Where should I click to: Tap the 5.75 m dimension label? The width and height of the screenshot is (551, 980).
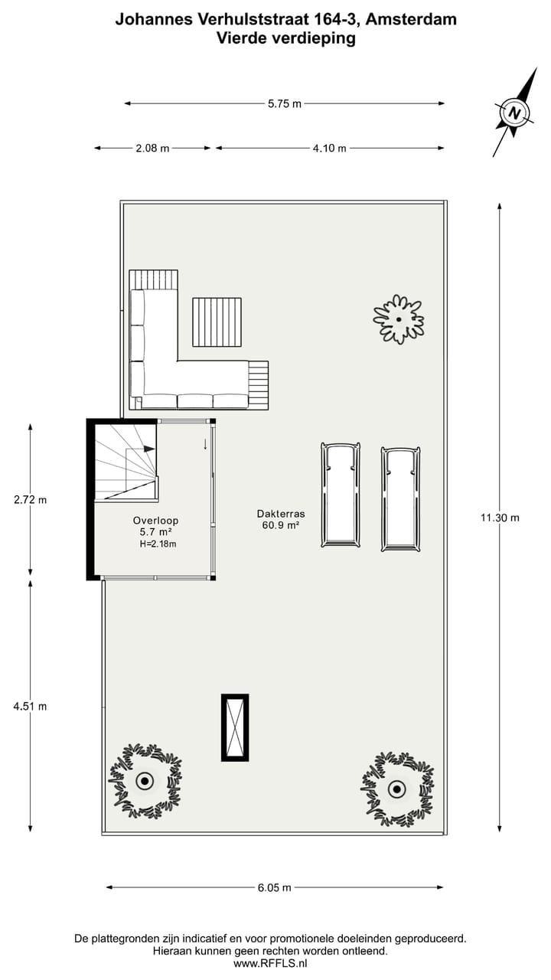[284, 104]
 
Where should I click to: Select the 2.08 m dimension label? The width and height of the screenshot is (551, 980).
[152, 149]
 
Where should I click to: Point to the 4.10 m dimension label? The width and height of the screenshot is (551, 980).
[329, 149]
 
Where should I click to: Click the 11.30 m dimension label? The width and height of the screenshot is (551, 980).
[500, 518]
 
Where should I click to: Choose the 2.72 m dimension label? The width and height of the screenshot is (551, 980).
[31, 500]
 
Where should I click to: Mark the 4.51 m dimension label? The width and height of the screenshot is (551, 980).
[31, 706]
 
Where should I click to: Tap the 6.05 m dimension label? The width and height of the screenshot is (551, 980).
[274, 888]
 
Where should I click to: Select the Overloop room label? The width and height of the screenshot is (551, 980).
[155, 521]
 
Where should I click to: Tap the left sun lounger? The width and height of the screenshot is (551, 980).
[340, 495]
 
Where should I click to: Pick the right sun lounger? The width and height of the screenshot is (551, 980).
[400, 498]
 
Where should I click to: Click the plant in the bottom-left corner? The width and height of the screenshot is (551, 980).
[145, 781]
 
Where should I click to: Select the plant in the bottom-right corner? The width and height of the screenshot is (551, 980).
[396, 788]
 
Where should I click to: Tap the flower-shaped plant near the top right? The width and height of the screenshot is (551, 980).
[398, 319]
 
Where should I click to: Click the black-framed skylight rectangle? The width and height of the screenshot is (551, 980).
[235, 727]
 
